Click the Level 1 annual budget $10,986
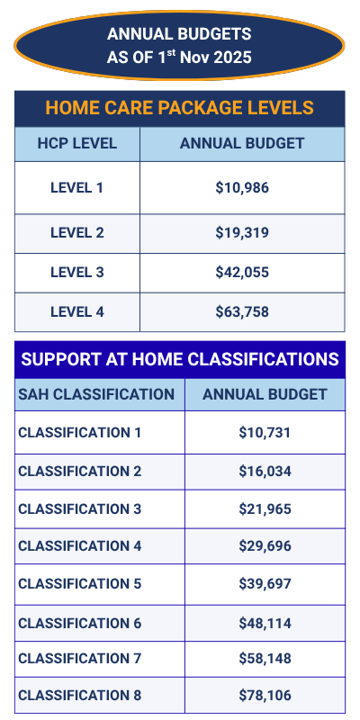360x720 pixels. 242,188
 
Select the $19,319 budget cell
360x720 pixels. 242,233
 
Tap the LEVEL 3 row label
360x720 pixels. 77,273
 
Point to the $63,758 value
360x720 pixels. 242,312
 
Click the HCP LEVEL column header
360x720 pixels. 77,143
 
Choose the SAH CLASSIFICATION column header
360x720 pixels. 96,394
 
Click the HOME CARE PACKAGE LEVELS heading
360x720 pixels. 179,109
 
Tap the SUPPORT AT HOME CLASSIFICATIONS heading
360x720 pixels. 180,360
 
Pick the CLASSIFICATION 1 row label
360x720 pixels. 80,433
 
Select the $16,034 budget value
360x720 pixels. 265,471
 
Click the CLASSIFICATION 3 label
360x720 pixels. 80,508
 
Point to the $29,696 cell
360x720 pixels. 265,546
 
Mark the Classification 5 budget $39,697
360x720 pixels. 265,584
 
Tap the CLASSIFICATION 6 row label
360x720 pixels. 80,623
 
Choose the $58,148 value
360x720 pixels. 265,659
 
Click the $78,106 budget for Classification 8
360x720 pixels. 265,696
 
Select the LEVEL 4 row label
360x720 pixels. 77,312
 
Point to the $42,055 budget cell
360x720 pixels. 242,273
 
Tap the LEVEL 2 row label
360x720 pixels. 77,233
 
